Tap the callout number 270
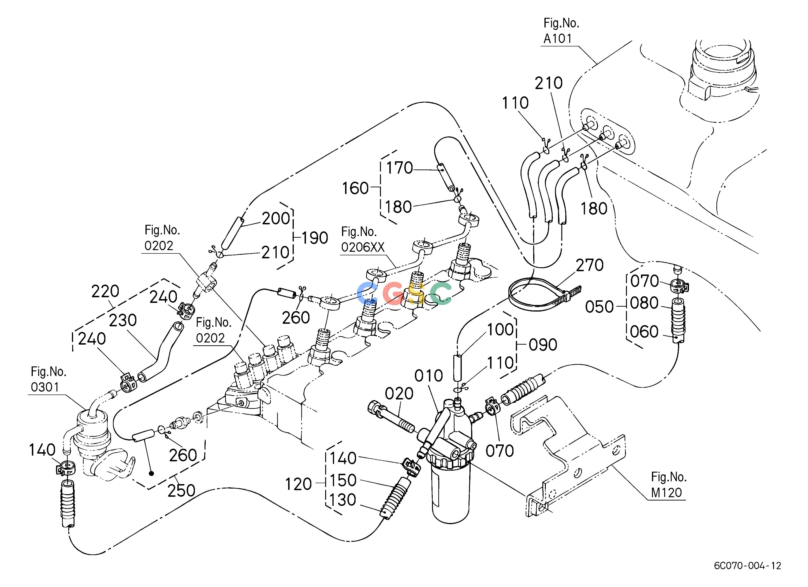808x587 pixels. tap(590, 265)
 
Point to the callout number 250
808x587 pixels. tap(181, 490)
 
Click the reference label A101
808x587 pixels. tap(558, 38)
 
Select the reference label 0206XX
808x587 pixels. tap(363, 247)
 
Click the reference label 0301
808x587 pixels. tap(45, 387)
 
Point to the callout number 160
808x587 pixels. tap(355, 188)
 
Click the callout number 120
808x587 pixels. tap(298, 484)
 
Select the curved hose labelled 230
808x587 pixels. tap(160, 353)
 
